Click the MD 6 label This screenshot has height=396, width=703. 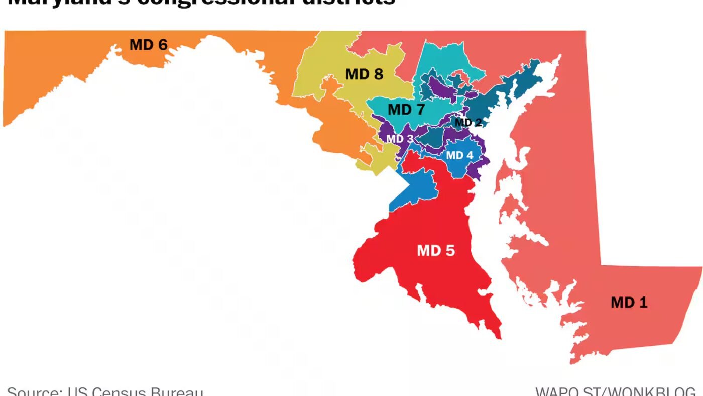pyautogui.click(x=148, y=45)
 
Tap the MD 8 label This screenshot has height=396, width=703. pyautogui.click(x=364, y=74)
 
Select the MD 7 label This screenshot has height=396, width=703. pyautogui.click(x=406, y=109)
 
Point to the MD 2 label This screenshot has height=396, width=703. pyautogui.click(x=468, y=122)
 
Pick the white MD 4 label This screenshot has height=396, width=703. pyautogui.click(x=459, y=155)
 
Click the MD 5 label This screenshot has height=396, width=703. pyautogui.click(x=436, y=250)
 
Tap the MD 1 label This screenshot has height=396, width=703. pyautogui.click(x=629, y=302)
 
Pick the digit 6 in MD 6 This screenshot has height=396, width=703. pyautogui.click(x=162, y=45)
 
